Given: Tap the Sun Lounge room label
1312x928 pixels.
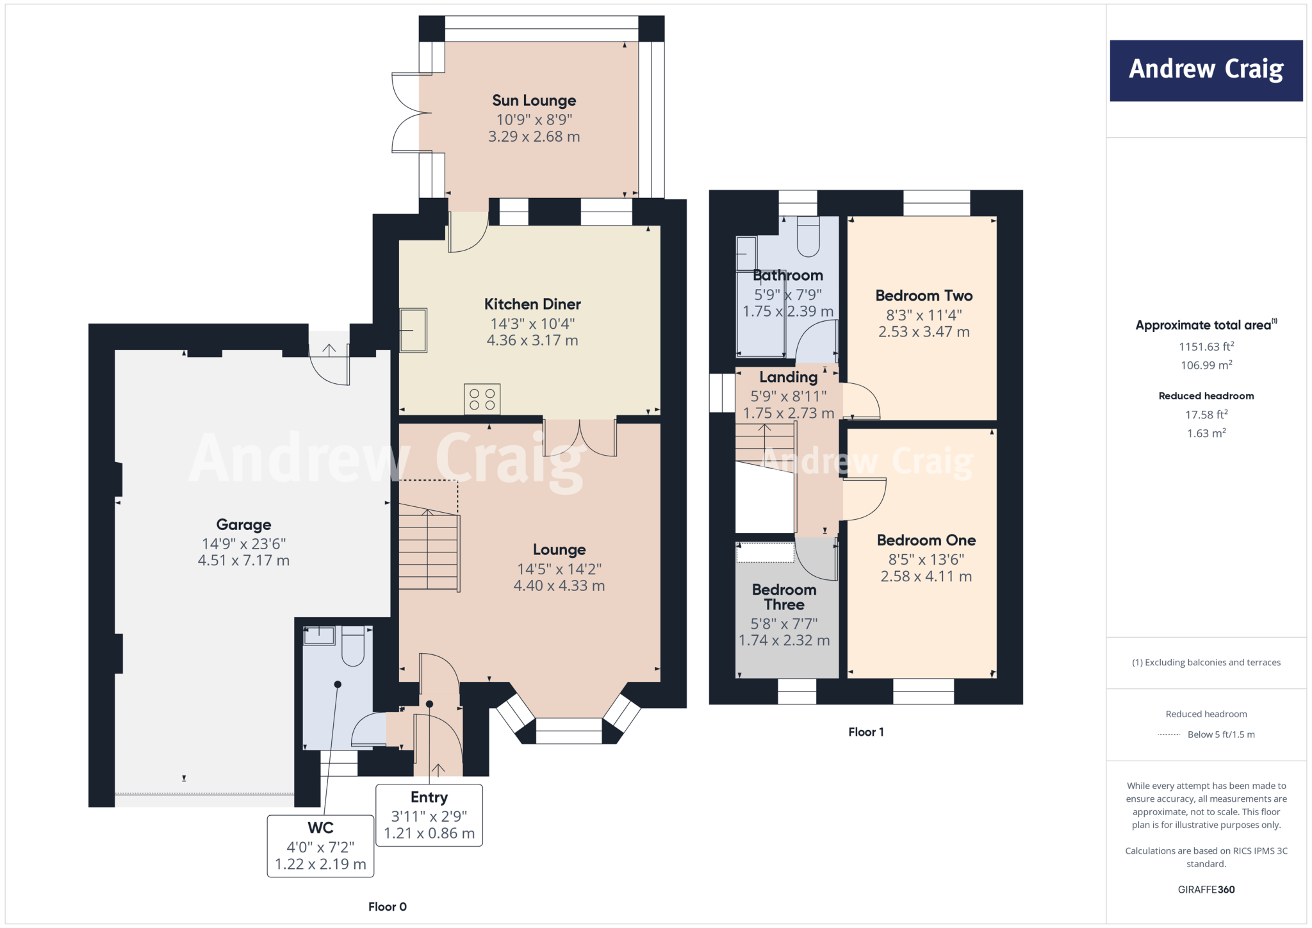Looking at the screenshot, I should (534, 101).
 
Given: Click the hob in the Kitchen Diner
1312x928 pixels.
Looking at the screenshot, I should (482, 399).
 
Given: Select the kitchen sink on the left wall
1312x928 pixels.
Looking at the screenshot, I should (413, 330).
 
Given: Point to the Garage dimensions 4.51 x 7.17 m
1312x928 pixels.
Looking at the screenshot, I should (243, 560).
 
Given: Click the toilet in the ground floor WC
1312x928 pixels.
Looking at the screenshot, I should (352, 646).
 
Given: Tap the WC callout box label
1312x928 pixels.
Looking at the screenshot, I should (320, 828).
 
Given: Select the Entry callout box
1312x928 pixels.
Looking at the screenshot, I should (429, 815).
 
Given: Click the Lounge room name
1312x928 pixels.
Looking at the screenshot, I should (559, 550).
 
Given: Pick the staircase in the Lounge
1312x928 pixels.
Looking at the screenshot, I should (428, 550).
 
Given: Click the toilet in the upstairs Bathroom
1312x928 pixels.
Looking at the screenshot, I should (808, 237).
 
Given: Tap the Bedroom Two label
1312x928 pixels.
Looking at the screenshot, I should (923, 296).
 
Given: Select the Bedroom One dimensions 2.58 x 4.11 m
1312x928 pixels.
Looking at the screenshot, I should (926, 576).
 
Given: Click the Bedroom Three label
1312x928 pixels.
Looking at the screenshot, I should (783, 597).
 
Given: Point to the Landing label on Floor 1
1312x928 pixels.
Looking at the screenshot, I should (788, 377).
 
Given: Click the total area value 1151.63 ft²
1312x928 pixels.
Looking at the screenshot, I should (1206, 347).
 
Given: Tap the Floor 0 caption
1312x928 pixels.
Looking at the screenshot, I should (387, 906).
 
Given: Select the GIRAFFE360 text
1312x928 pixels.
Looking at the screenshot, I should (1206, 890).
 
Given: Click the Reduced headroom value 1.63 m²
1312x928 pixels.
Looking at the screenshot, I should (1206, 433).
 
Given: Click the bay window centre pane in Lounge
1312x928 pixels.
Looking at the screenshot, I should (568, 731).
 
